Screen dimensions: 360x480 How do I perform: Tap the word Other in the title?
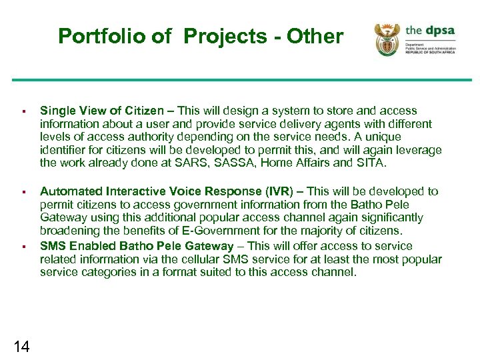[x=315, y=37]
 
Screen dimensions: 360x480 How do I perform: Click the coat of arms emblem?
[x=387, y=40]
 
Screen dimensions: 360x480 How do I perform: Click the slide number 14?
[x=21, y=345]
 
